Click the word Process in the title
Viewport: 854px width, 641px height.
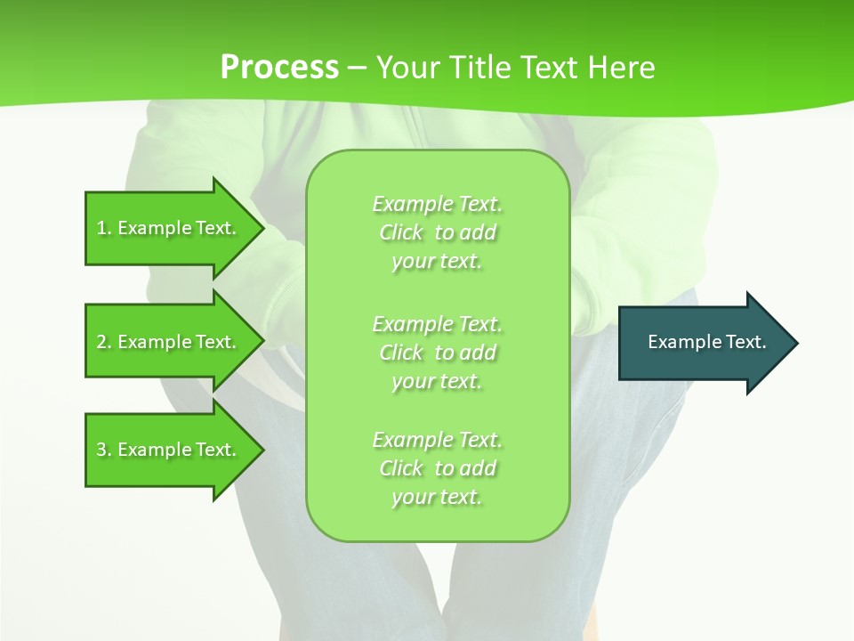tap(279, 68)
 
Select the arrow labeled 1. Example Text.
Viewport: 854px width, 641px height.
tap(169, 228)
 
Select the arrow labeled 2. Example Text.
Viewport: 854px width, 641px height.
tap(169, 342)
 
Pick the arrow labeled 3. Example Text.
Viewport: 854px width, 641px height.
tap(169, 450)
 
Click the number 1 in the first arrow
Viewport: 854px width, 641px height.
tap(101, 228)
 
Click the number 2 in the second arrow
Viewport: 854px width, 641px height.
tap(101, 342)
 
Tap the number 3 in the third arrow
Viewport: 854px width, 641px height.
tap(101, 450)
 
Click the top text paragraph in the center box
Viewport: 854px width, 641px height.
tap(437, 232)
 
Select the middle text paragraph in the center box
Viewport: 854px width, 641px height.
tap(437, 353)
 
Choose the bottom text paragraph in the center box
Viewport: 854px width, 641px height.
tap(437, 468)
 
